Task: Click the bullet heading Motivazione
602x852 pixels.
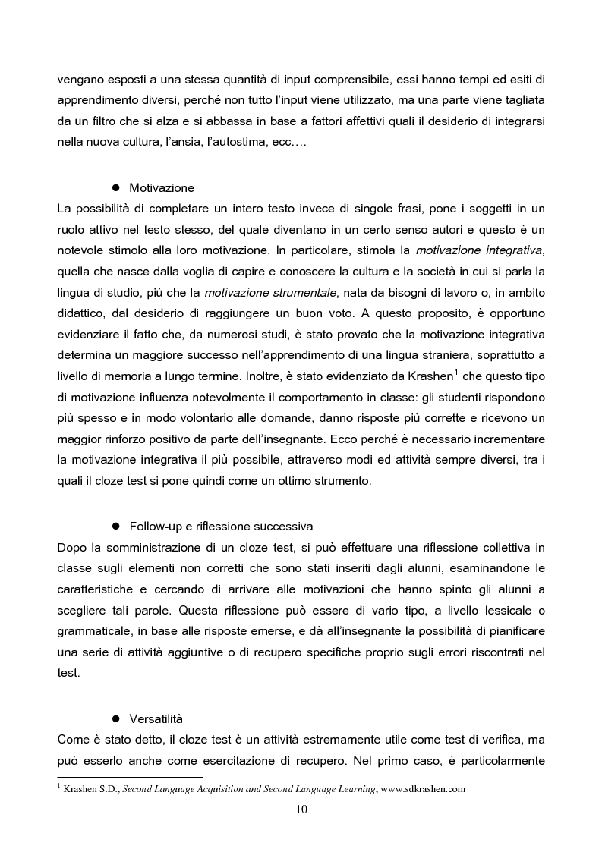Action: pyautogui.click(x=162, y=187)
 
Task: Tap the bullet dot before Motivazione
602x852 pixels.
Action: pyautogui.click(x=117, y=187)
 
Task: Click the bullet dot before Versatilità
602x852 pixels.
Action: pyautogui.click(x=117, y=718)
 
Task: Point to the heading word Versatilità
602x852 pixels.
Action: pyautogui.click(x=156, y=718)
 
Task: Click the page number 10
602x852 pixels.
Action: pyautogui.click(x=301, y=809)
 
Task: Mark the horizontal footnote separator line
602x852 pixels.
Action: pyautogui.click(x=131, y=777)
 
